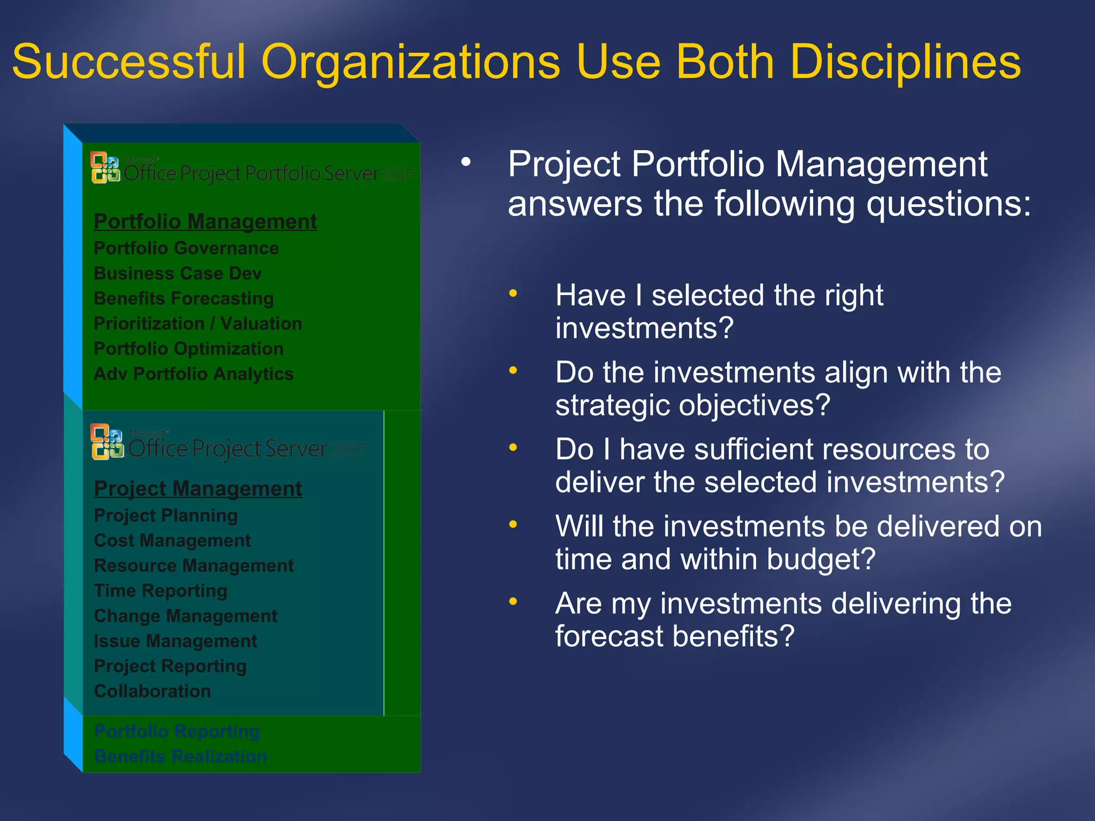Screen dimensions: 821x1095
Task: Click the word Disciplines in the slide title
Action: [905, 62]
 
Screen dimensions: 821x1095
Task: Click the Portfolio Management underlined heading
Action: [205, 221]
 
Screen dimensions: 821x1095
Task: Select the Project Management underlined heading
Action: [198, 489]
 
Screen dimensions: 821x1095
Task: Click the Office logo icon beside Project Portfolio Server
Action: [105, 168]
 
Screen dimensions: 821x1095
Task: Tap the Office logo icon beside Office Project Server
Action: [106, 442]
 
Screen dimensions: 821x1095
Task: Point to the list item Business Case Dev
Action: [178, 273]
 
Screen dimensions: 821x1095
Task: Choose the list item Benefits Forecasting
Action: [183, 298]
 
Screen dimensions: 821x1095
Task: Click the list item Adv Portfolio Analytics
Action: [194, 374]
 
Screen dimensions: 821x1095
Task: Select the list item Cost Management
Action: [172, 540]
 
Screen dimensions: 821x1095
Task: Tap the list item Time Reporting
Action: [160, 591]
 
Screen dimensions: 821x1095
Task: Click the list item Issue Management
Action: [175, 641]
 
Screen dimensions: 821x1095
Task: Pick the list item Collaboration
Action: [152, 691]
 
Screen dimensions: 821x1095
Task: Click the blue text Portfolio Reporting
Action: [176, 731]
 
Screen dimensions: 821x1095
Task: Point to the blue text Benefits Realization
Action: [180, 756]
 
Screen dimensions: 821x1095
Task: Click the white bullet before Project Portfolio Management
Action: [466, 161]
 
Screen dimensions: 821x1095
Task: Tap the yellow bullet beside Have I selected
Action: [513, 293]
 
